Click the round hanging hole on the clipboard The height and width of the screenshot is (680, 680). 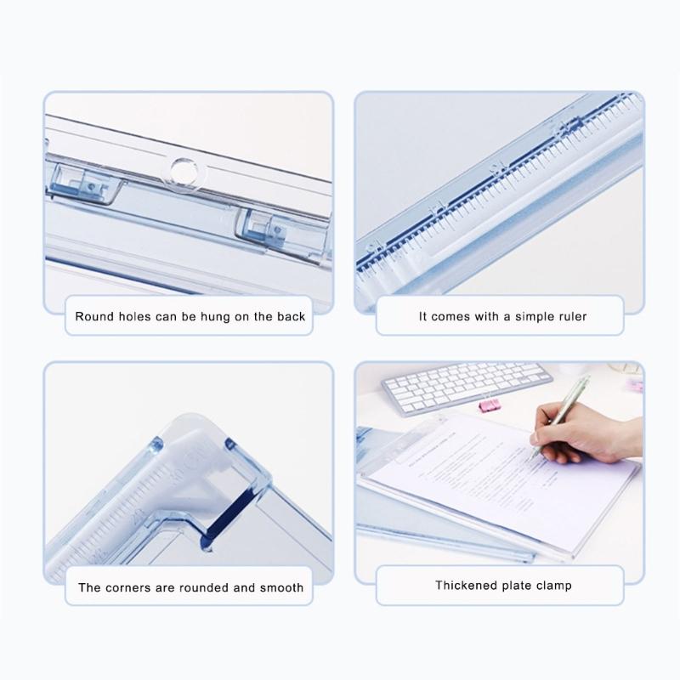click(x=180, y=167)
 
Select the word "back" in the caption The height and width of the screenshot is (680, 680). click(x=290, y=317)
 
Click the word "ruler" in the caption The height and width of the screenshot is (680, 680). click(x=569, y=317)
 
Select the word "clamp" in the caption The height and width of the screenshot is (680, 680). click(x=553, y=586)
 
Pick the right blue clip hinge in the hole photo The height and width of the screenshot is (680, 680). click(x=259, y=225)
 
